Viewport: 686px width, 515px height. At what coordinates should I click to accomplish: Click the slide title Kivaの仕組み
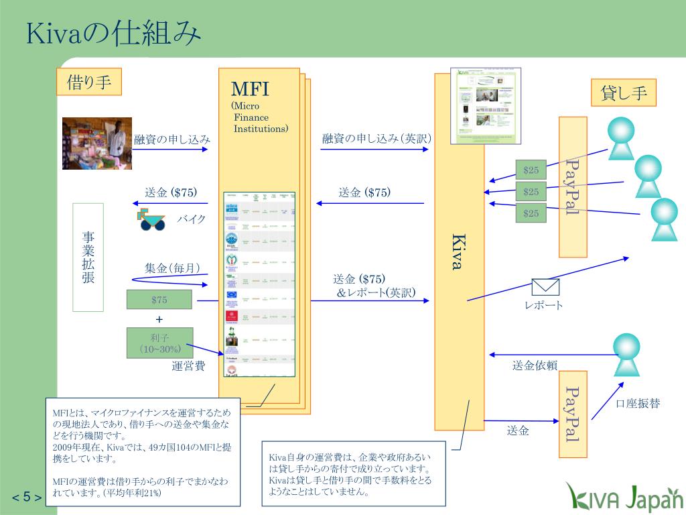click(114, 34)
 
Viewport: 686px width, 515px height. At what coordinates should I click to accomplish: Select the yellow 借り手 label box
click(89, 82)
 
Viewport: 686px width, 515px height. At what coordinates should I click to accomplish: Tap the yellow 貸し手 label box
click(624, 93)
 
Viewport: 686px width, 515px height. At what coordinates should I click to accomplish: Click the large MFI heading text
click(250, 89)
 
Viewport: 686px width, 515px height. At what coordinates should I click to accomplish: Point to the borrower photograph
click(97, 144)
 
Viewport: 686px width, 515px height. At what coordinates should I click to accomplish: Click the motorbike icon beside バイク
click(152, 219)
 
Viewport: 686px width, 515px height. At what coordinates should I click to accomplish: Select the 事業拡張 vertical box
click(88, 257)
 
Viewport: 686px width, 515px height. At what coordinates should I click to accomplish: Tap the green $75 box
click(159, 300)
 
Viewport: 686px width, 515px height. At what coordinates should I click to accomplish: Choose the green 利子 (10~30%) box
click(159, 343)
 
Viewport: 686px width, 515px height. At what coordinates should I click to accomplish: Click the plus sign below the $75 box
click(159, 319)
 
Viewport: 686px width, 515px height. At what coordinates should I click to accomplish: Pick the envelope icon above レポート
click(545, 287)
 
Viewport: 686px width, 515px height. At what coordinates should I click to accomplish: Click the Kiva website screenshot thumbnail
click(487, 105)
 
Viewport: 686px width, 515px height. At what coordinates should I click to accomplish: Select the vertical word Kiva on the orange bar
click(458, 251)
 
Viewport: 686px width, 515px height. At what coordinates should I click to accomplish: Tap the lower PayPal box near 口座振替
click(573, 414)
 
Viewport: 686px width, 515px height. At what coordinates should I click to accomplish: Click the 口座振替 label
click(637, 404)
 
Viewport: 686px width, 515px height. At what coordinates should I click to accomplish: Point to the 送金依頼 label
click(535, 365)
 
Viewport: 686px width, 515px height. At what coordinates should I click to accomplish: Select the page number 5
click(27, 497)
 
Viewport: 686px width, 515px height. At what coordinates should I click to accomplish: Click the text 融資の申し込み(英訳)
click(376, 139)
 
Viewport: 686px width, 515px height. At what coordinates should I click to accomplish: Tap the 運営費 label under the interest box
click(188, 366)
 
